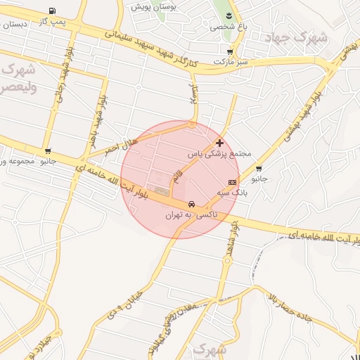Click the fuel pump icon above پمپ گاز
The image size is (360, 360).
[53, 11]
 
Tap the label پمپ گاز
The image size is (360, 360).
[52, 22]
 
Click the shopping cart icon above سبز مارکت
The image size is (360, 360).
[230, 52]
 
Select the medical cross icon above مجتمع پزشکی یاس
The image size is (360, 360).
[220, 142]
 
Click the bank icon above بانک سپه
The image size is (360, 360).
[232, 181]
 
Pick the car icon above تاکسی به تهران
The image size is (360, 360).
[191, 204]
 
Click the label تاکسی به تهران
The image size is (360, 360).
[191, 214]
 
